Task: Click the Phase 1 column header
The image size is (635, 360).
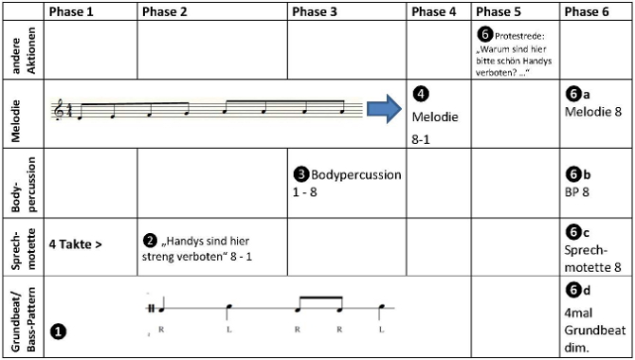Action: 71,11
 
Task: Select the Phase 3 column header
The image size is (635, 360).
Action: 315,11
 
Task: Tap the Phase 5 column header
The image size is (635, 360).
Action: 499,11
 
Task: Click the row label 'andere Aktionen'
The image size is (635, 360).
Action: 24,50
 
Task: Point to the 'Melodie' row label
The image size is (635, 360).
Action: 16,120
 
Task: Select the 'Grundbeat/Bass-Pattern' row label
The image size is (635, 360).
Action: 24,319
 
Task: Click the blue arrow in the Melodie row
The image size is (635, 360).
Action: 385,109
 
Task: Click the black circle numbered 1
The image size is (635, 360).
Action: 58,332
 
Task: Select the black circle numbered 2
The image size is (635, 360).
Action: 150,242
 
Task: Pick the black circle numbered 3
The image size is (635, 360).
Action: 300,175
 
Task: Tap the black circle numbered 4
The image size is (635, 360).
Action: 421,94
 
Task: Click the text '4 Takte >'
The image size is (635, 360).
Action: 75,244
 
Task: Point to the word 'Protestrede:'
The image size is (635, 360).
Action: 520,36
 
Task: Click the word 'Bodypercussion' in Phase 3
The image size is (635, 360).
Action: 356,175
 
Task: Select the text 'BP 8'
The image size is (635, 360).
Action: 576,191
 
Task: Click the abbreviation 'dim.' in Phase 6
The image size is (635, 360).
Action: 576,348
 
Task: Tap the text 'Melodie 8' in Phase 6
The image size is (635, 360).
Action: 593,112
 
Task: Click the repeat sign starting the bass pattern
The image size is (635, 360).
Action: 152,308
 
